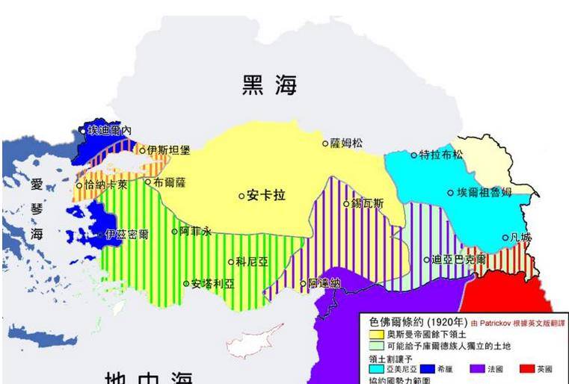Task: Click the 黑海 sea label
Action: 269,85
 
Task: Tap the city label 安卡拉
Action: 266,196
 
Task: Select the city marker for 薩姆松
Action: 325,143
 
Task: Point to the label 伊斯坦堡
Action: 169,150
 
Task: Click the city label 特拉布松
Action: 441,155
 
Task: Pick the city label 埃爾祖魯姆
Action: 485,193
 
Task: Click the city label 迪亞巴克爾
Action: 459,260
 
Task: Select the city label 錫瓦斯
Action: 368,203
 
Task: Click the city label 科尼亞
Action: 250,261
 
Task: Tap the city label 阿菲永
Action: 196,232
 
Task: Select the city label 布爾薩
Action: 169,182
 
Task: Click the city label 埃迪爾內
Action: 109,131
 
